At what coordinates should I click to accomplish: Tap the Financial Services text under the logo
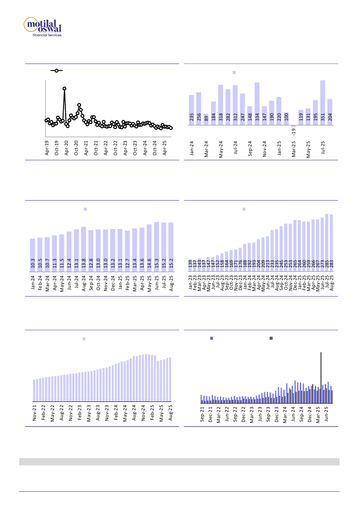coord(47,35)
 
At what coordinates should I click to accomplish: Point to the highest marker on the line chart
coord(64,88)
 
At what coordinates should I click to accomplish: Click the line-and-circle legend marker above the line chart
coord(57,70)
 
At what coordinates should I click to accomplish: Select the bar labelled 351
coord(323,103)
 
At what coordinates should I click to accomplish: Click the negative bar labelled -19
coord(293,126)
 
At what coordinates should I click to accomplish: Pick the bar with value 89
coord(206,120)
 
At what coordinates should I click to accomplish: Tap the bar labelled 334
coord(257,104)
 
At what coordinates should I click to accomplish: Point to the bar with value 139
coord(190,265)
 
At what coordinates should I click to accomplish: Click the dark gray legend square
coord(271,338)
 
